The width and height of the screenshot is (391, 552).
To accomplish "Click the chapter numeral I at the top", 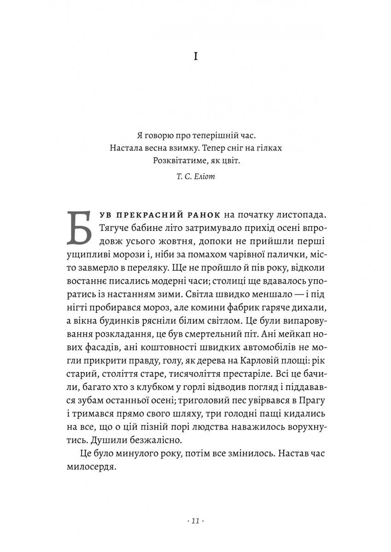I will pyautogui.click(x=196, y=57).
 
